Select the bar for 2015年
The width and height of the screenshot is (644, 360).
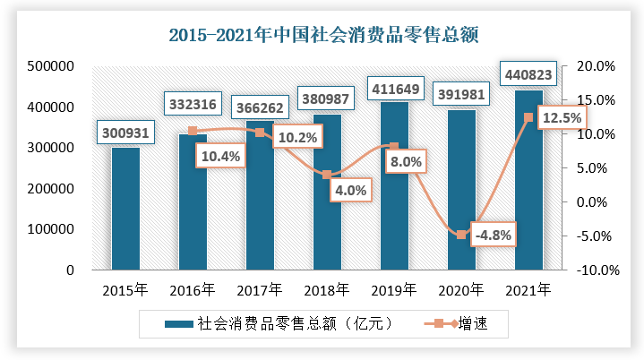coord(125,208)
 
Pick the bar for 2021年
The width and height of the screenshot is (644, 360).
coord(528,179)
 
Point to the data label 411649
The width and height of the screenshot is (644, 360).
coord(395,89)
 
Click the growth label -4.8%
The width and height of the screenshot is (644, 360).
coord(493,236)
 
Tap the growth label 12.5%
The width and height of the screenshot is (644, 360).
coord(561,117)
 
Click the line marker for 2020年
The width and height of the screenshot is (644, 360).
coord(461,235)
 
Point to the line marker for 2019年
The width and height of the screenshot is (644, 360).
coord(394,147)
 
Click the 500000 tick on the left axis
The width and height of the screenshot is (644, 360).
coord(50,66)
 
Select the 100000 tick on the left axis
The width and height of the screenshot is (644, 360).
coord(50,229)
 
